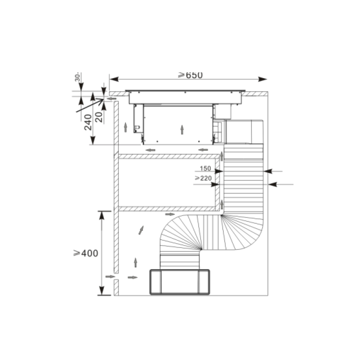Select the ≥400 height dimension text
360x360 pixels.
(86, 253)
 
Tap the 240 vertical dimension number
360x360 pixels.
(88, 122)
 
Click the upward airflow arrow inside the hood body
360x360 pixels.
(182, 129)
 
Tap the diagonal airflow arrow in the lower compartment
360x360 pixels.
(141, 230)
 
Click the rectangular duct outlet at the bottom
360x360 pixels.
(180, 282)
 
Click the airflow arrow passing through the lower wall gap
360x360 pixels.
(110, 277)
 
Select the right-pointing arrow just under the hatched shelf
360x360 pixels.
(170, 214)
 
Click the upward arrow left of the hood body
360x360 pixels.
(125, 127)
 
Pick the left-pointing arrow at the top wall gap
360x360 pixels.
(111, 99)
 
